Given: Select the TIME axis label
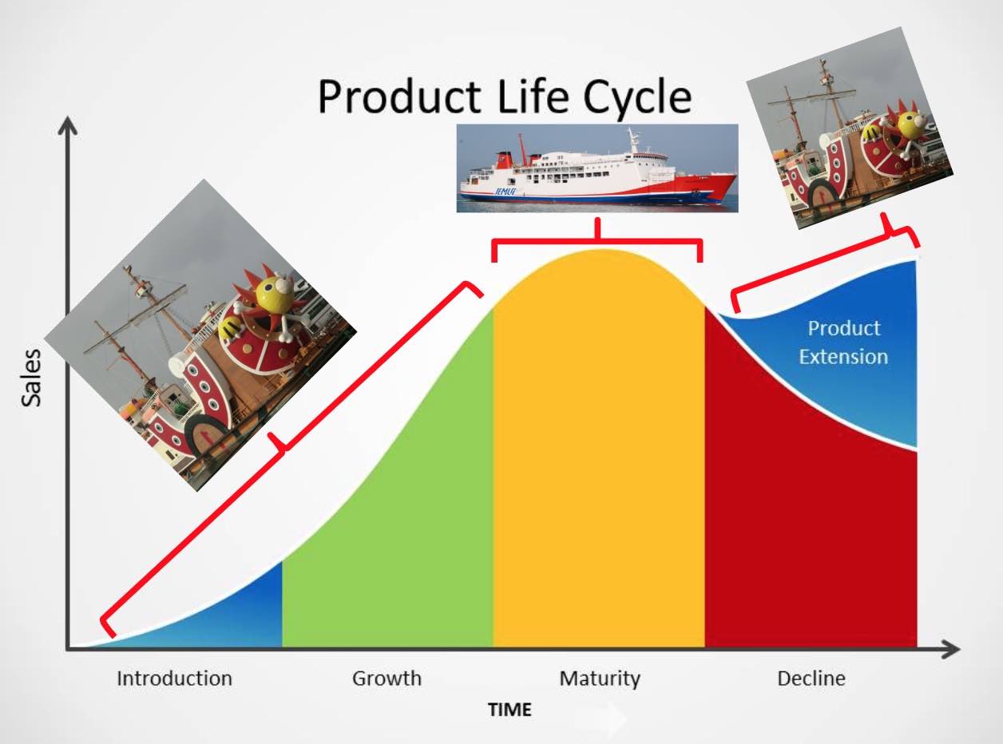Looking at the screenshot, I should [x=509, y=710].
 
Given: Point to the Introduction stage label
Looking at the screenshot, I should [x=174, y=679].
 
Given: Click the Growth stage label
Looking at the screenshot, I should [x=387, y=679].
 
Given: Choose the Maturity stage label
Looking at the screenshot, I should [x=599, y=679].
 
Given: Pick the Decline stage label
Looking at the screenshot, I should [x=811, y=679].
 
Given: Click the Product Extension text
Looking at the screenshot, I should [x=843, y=342].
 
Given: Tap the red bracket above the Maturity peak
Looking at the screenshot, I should [x=597, y=240].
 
